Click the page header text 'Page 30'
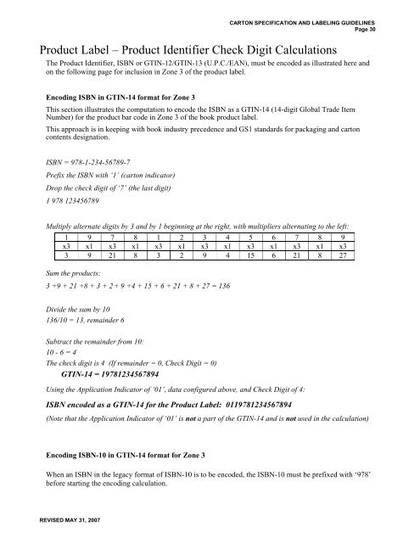point(395,25)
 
